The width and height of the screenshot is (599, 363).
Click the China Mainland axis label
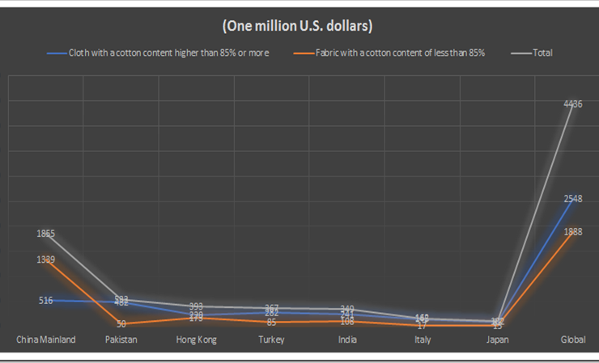46,340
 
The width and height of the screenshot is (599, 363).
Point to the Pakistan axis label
121,340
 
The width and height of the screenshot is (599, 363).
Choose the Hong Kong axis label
196,340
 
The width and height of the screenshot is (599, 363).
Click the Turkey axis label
271,340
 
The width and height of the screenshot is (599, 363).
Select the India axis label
347,340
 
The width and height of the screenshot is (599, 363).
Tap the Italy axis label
423,340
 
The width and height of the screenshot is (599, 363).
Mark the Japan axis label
497,340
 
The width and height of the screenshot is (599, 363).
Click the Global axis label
573,340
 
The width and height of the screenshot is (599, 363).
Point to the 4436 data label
573,103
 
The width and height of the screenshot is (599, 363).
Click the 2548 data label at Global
573,199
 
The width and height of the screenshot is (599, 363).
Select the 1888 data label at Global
573,232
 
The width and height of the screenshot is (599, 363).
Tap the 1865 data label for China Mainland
46,234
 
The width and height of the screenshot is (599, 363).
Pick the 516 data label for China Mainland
46,301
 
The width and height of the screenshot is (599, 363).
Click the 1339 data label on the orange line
46,260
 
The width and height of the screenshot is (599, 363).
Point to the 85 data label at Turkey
271,322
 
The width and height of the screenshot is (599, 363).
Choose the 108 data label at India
347,321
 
